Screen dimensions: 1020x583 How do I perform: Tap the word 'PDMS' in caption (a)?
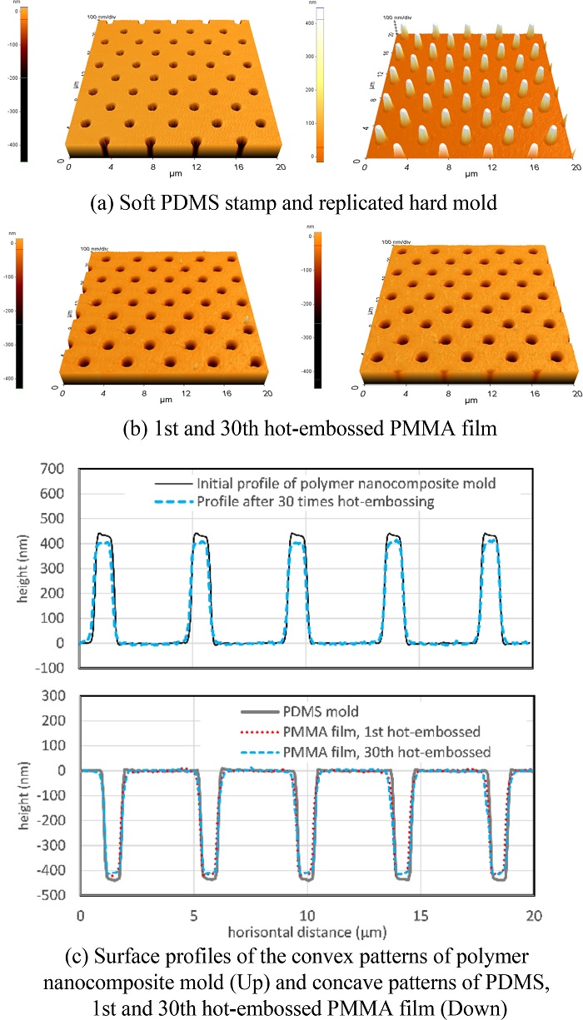pos(222,201)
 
